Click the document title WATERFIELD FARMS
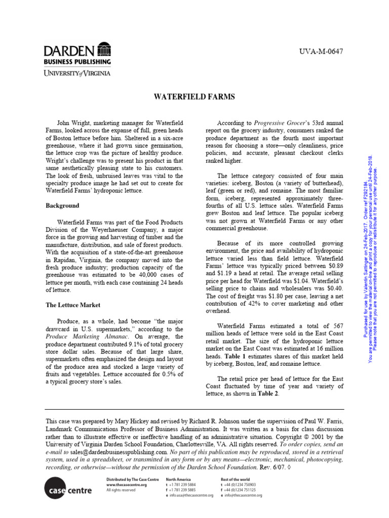click(194, 96)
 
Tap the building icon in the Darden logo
click(104, 51)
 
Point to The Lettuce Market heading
click(73, 305)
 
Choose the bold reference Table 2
click(269, 395)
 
